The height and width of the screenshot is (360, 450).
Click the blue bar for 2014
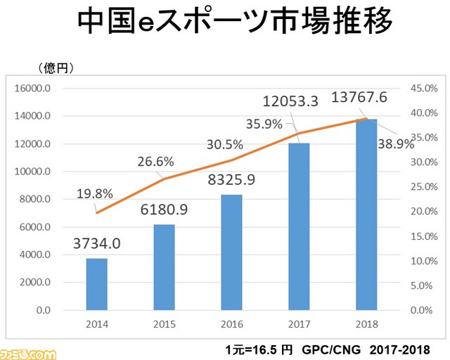tap(97, 284)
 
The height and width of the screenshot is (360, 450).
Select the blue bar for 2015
tap(165, 267)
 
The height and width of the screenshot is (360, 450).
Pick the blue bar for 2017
tap(299, 226)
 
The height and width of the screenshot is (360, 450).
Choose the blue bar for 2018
tap(366, 214)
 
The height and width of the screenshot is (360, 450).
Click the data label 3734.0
tap(97, 244)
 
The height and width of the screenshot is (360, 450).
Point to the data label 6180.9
tap(165, 210)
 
